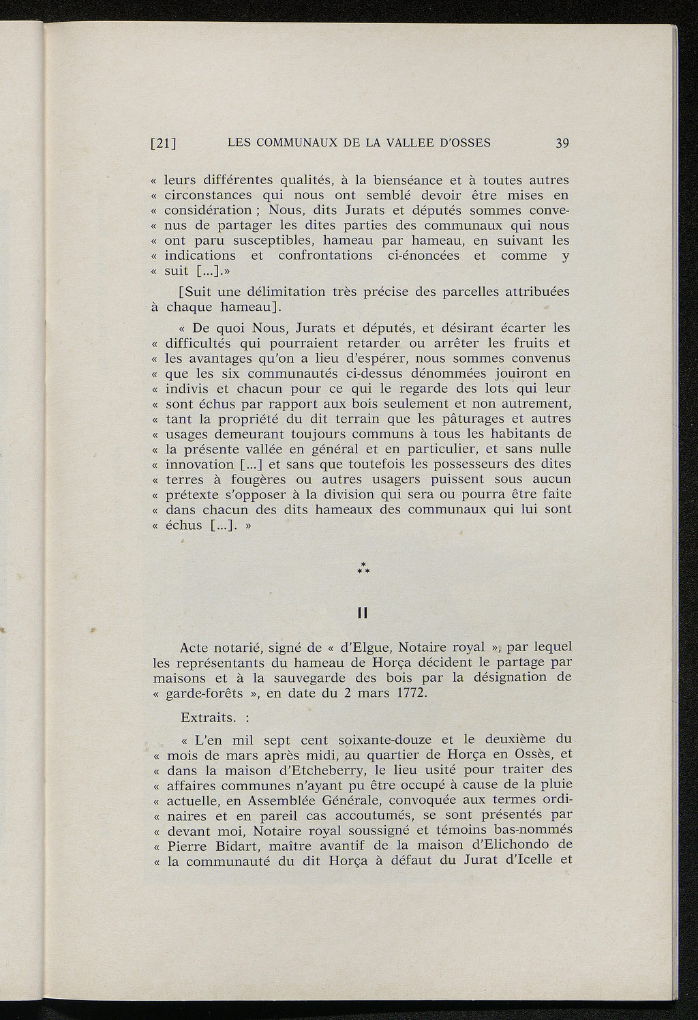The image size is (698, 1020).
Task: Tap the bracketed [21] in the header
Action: tap(163, 143)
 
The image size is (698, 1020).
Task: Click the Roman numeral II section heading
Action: tap(363, 614)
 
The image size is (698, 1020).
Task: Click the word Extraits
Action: tap(206, 717)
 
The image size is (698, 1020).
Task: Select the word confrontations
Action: tap(325, 256)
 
